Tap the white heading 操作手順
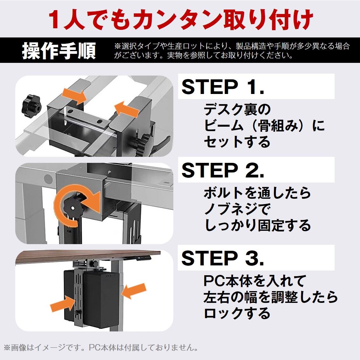click(x=59, y=50)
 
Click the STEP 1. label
click(x=223, y=87)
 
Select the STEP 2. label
click(x=223, y=170)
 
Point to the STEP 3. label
click(x=223, y=258)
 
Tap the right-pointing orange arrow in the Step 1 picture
click(x=74, y=96)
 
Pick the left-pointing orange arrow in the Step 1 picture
click(x=127, y=109)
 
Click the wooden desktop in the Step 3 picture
click(x=87, y=256)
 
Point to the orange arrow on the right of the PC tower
click(x=134, y=291)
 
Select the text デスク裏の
click(x=237, y=110)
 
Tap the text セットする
click(x=237, y=142)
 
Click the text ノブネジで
click(x=237, y=209)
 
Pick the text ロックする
click(x=237, y=313)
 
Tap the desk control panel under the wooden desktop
click(x=144, y=258)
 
